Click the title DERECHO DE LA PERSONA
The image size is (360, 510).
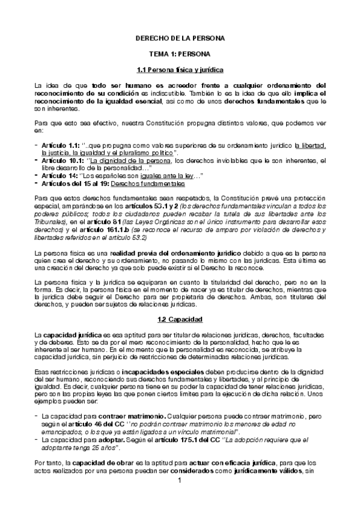(x=180, y=38)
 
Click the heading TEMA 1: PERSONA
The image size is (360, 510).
(x=180, y=54)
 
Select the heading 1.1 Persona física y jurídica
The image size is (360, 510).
(x=180, y=69)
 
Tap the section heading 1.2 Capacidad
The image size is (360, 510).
(x=180, y=318)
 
